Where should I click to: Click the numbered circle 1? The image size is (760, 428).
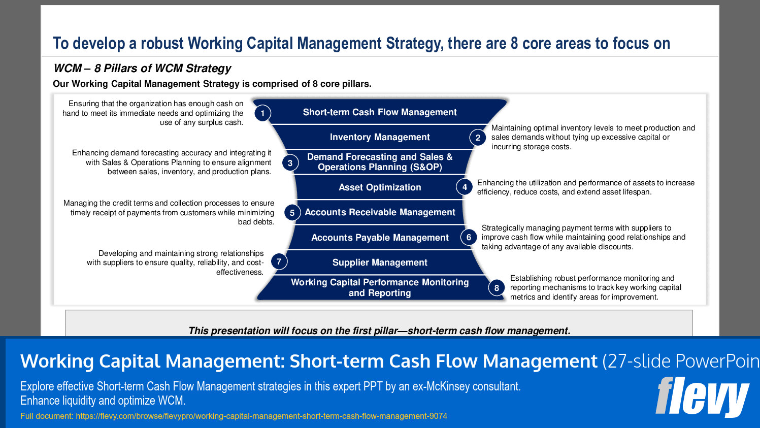tap(262, 113)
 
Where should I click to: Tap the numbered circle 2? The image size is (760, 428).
tap(478, 138)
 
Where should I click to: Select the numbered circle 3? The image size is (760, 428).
tap(290, 163)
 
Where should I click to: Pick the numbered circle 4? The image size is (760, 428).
tap(465, 187)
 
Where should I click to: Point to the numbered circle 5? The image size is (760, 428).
tap(292, 213)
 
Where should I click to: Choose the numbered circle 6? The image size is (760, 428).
tap(469, 237)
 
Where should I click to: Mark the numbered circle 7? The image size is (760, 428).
tap(279, 261)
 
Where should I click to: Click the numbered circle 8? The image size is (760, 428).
tap(497, 288)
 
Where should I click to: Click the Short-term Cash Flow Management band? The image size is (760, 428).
tap(380, 112)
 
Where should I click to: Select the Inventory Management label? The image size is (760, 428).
tap(380, 137)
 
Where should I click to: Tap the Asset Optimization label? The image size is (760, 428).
tap(380, 187)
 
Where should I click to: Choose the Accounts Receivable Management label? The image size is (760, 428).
tap(380, 212)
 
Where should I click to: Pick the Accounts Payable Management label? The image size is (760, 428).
tap(380, 238)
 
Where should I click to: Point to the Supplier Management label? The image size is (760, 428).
tap(380, 262)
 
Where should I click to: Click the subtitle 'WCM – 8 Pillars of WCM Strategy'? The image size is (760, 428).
tap(142, 68)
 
